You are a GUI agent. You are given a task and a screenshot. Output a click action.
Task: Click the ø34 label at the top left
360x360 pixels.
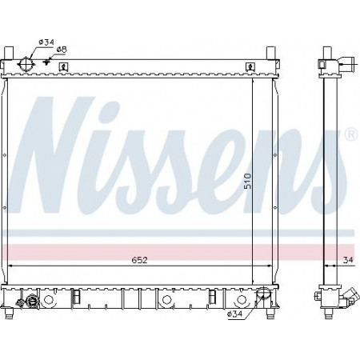coord(46,42)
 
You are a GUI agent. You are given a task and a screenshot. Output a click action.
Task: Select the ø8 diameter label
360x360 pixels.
coord(62,50)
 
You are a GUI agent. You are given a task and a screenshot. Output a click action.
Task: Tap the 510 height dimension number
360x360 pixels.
coord(248,181)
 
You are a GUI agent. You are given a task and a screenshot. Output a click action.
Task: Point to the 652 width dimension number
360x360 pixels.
coord(139,260)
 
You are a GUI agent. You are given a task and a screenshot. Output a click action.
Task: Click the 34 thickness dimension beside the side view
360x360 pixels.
coord(348,260)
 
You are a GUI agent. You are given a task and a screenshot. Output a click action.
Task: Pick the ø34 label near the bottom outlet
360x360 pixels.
coord(234,314)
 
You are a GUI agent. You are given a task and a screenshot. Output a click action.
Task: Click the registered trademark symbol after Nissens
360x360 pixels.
coord(352,134)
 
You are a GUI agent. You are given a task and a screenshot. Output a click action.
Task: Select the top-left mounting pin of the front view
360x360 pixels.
coord(9,53)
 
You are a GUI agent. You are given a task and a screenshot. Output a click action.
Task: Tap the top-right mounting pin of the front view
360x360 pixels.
coord(271,53)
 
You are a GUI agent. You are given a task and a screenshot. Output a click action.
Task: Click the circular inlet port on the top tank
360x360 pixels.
coord(26,64)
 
